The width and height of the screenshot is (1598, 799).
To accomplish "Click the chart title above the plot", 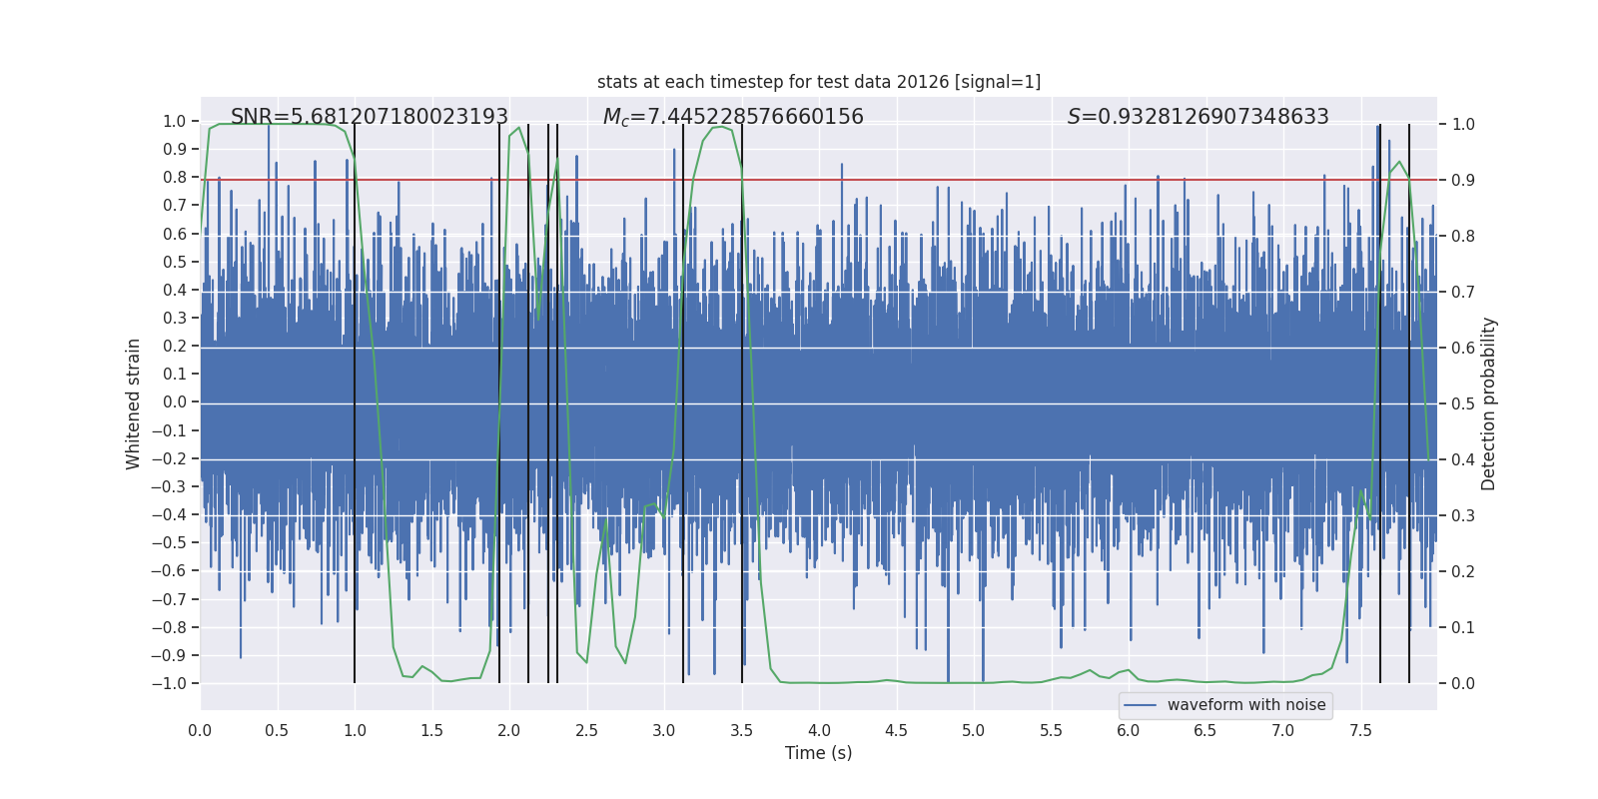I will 818,82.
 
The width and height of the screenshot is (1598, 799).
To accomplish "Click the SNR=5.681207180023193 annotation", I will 370,117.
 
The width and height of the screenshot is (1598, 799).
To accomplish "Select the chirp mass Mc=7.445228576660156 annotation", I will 733,117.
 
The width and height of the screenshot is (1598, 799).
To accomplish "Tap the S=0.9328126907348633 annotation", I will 1198,117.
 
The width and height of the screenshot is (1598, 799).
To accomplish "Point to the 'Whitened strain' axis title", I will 133,403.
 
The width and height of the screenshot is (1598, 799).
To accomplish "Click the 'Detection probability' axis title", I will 1488,403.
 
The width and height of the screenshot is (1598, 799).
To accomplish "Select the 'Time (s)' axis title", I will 818,753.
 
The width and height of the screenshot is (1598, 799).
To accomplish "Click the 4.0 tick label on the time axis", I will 819,730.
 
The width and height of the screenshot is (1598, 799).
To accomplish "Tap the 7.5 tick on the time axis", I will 1360,730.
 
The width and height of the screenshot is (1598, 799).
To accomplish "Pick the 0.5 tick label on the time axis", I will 277,730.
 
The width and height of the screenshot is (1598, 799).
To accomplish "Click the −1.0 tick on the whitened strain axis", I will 168,684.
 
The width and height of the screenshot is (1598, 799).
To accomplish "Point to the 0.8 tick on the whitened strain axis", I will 175,178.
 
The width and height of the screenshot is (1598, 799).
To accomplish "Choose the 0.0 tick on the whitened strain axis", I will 175,402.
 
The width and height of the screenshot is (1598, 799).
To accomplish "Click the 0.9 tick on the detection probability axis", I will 1463,180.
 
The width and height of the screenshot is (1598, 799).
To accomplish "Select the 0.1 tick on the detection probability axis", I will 1463,627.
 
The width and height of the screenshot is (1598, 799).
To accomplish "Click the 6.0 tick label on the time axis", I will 1129,730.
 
